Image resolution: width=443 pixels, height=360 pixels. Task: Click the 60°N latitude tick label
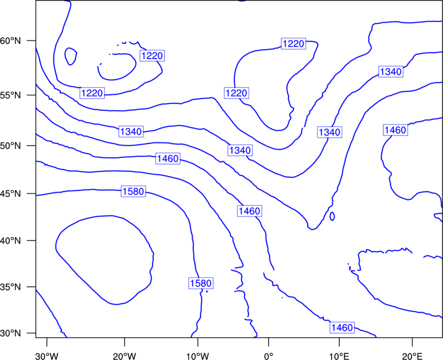(11, 40)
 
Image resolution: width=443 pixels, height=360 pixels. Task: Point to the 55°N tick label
(11, 95)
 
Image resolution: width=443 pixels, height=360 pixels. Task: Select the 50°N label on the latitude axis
(11, 146)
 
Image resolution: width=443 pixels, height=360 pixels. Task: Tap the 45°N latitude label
(11, 193)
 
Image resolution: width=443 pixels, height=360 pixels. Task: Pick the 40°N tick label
(11, 240)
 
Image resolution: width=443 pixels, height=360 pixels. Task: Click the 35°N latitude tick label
(11, 287)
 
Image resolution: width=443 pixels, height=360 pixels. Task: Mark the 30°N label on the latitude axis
(11, 333)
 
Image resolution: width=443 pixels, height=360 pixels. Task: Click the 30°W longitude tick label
(47, 356)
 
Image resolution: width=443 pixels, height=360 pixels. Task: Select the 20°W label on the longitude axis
(125, 356)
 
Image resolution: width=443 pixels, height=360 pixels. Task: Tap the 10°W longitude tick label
(198, 356)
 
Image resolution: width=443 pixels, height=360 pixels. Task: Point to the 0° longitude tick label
(269, 356)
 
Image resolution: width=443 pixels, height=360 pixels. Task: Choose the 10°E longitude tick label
(339, 356)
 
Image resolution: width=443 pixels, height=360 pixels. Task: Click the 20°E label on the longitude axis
(412, 356)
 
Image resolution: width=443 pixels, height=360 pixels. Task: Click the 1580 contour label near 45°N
(133, 191)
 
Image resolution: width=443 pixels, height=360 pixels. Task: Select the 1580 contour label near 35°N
(200, 283)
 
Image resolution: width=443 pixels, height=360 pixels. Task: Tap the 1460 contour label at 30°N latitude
(342, 327)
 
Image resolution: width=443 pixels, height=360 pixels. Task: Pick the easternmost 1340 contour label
(391, 72)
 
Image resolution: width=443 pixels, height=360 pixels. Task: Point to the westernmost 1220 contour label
(92, 93)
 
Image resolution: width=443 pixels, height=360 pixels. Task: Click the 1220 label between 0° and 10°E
(293, 44)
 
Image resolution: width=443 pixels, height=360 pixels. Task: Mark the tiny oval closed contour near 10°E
(332, 216)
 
